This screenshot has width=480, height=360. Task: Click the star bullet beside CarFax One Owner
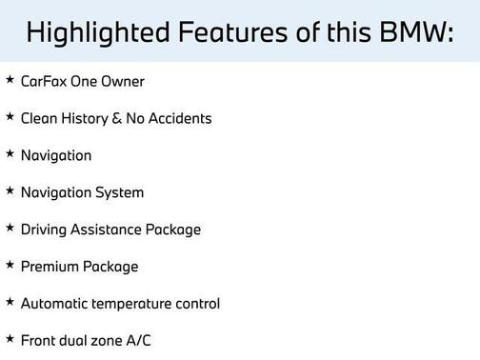10,80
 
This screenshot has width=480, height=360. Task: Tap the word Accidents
181,118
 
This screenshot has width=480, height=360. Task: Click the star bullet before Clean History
10,117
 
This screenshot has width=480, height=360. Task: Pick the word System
119,192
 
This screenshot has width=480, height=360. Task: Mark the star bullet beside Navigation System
10,191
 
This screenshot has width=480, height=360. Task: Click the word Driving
46,230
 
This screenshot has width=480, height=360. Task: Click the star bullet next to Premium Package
10,266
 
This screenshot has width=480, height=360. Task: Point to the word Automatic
56,304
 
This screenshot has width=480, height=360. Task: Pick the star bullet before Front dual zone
10,339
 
